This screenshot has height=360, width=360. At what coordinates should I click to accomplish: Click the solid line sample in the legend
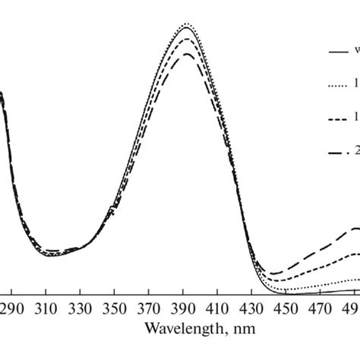pyautogui.click(x=336, y=52)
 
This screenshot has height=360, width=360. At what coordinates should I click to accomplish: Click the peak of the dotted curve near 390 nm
pyautogui.click(x=186, y=24)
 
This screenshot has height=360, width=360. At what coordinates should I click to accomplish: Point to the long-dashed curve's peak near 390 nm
pyautogui.click(x=185, y=54)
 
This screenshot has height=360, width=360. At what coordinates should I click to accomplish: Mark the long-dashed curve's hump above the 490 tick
pyautogui.click(x=354, y=229)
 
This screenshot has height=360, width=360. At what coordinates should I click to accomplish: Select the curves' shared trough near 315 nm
pyautogui.click(x=53, y=254)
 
